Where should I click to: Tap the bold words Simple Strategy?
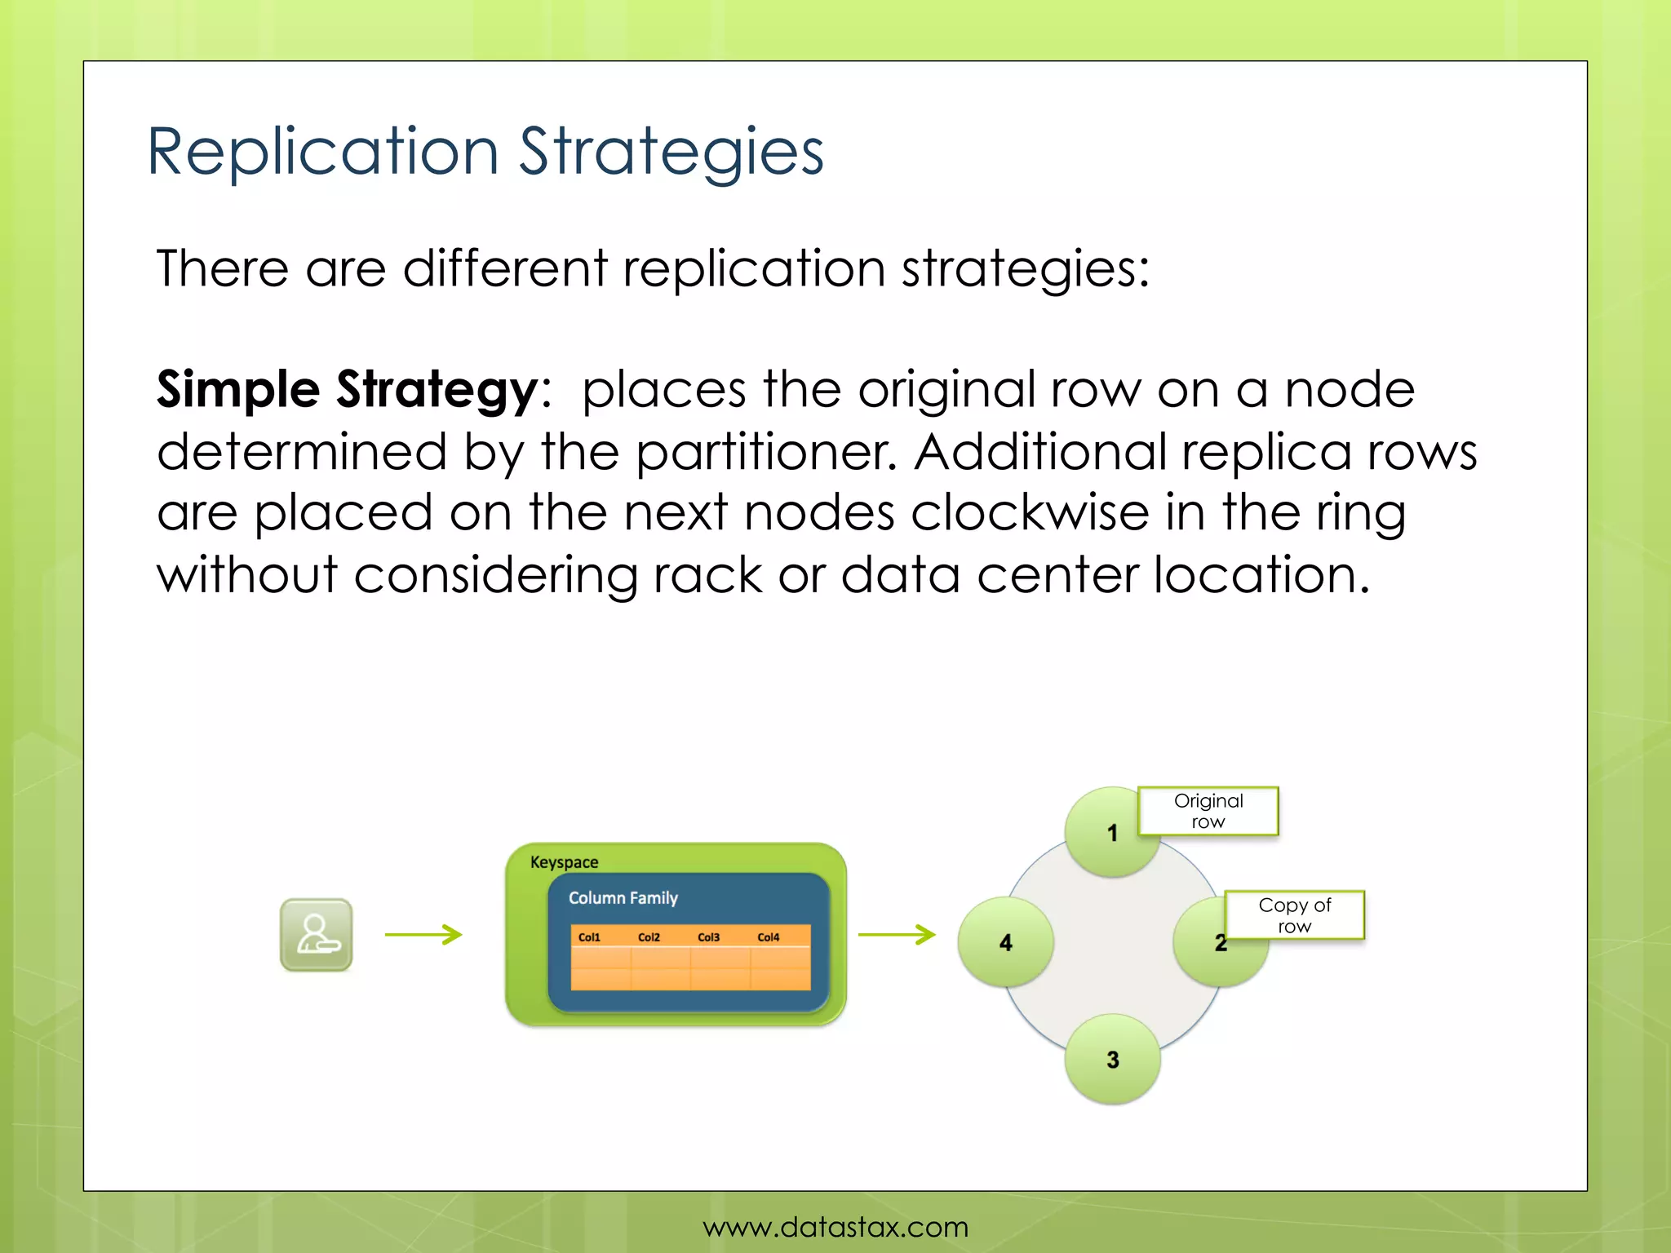click(347, 389)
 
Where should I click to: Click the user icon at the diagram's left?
click(317, 935)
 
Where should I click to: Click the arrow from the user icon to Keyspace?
click(423, 934)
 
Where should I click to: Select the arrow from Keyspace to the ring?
click(897, 934)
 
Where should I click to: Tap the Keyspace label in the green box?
click(564, 862)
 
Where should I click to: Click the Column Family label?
click(623, 898)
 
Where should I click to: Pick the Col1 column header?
click(589, 937)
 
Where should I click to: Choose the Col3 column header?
click(708, 937)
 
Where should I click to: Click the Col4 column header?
click(768, 937)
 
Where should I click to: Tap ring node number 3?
click(1112, 1060)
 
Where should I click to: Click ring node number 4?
click(1005, 943)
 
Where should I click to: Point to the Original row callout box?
click(1208, 811)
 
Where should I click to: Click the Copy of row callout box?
click(1294, 915)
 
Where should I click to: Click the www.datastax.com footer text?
click(835, 1227)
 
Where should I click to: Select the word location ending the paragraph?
click(1261, 574)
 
